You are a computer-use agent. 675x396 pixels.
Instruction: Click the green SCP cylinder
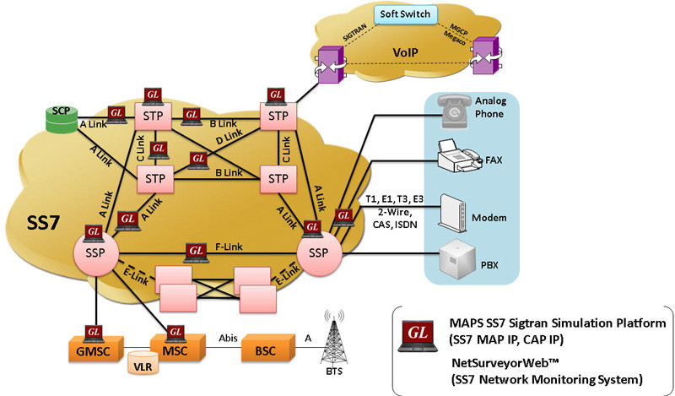[x=60, y=118]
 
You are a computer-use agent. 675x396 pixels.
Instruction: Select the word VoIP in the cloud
[x=407, y=52]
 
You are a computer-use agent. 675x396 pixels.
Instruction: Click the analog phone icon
[x=453, y=106]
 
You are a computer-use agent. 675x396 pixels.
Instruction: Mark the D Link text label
[x=230, y=137]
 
